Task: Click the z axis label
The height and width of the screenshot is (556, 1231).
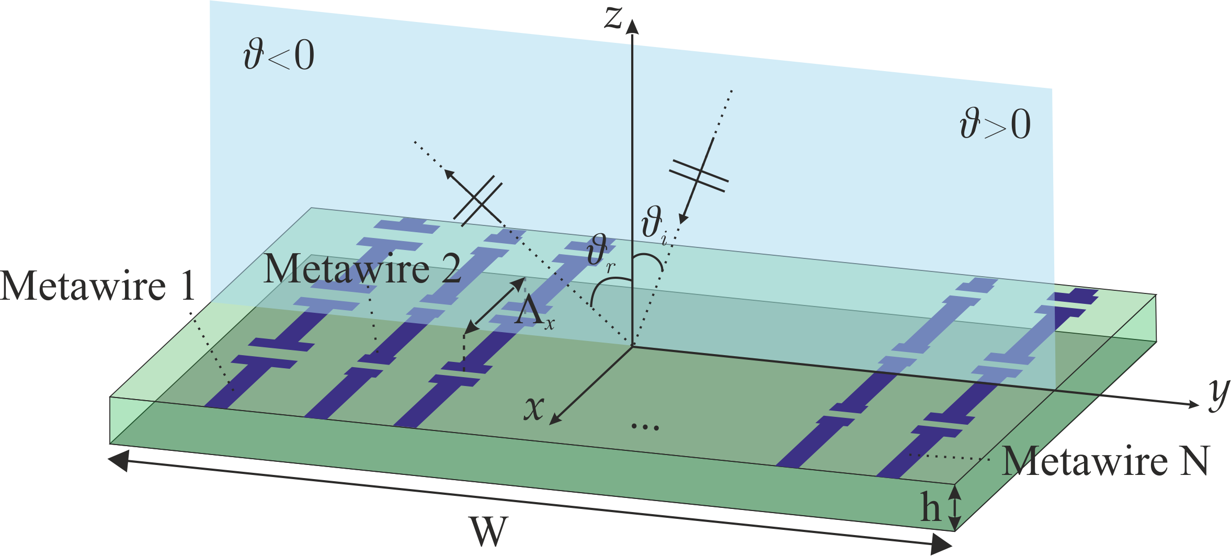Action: tap(613, 18)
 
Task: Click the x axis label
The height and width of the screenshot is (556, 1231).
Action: tap(534, 408)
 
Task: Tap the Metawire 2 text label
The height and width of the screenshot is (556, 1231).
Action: tap(362, 269)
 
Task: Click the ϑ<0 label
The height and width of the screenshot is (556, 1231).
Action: tap(279, 56)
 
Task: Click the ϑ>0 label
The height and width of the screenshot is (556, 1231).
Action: tap(995, 124)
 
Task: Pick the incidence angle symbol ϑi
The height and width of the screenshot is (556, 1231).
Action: tap(654, 225)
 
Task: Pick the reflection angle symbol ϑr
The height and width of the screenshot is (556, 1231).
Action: tap(599, 253)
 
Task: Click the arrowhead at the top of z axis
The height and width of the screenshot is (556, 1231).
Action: tap(632, 26)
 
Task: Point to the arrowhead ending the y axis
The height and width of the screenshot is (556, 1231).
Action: tap(1193, 404)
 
